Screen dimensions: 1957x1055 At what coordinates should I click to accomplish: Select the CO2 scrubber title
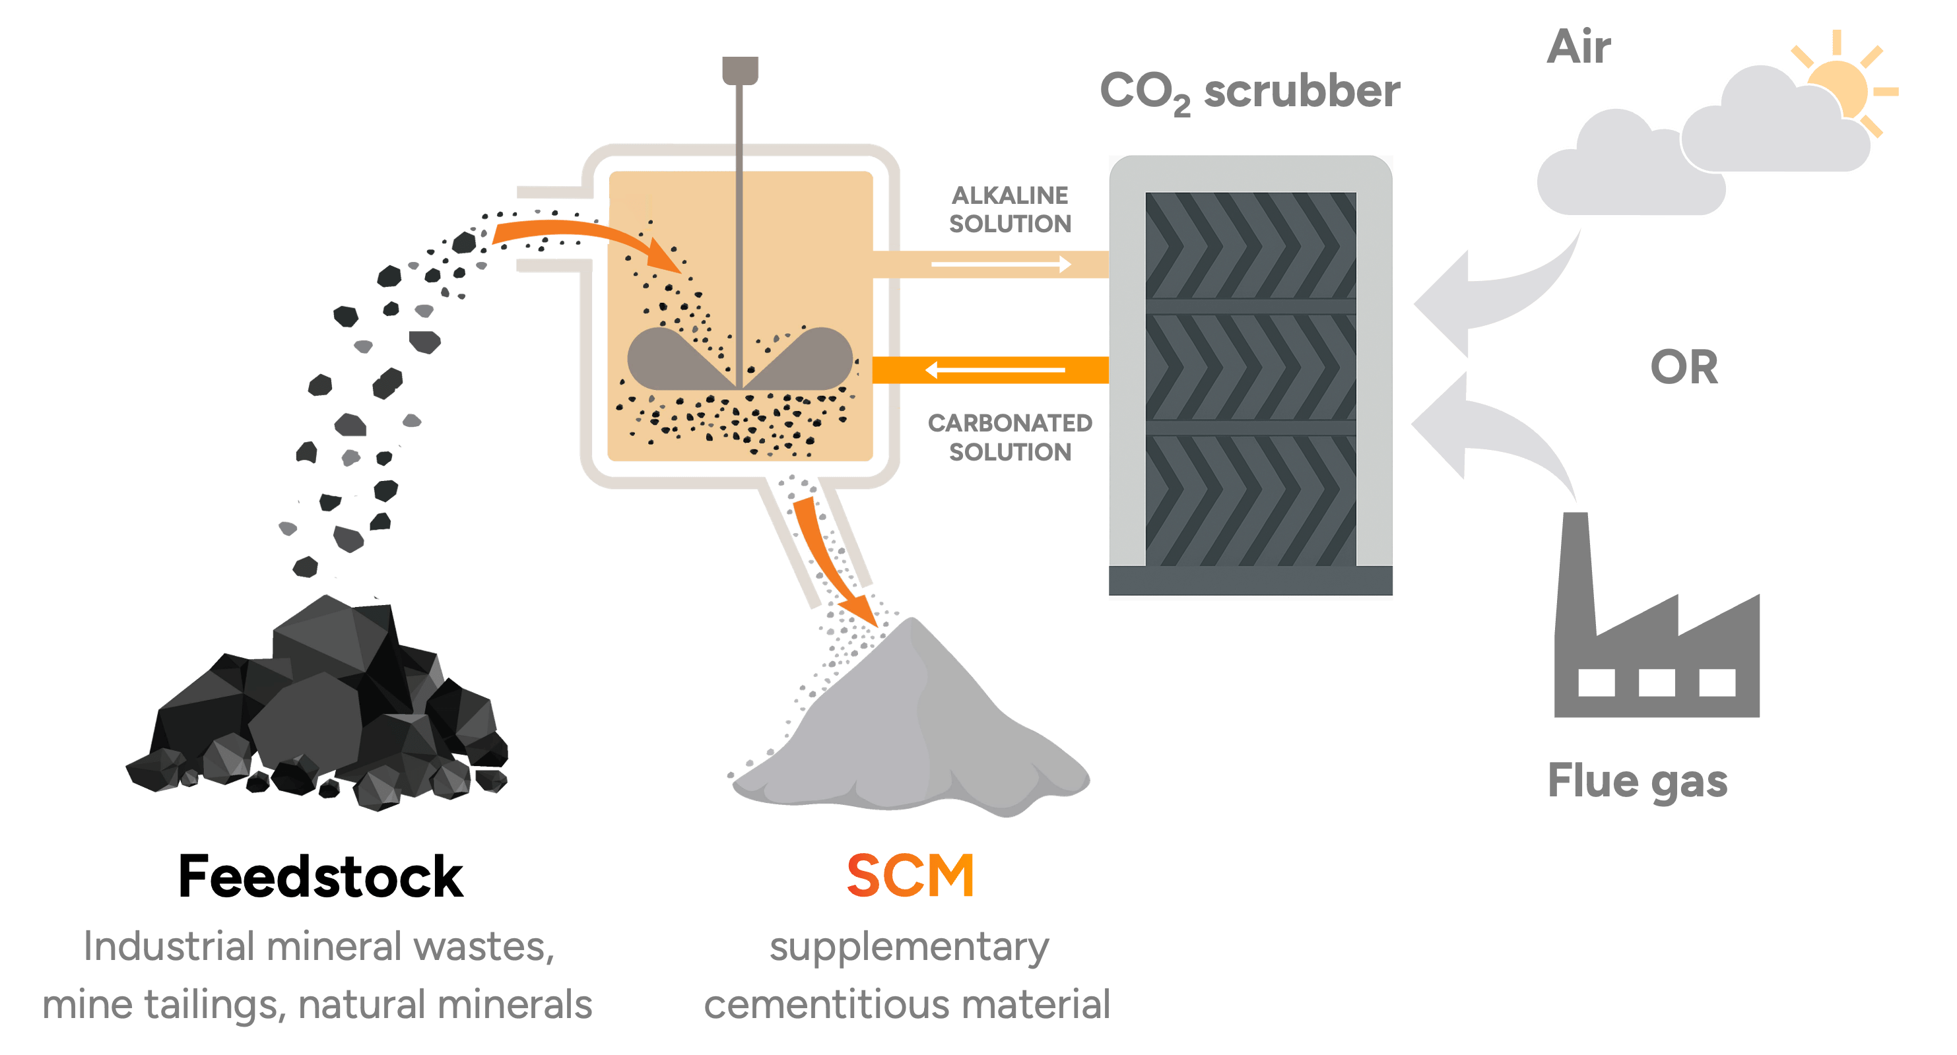[x=1249, y=92]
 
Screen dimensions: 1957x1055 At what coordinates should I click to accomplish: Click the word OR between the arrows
[x=1684, y=368]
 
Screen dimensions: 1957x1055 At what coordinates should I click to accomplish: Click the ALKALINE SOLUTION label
[x=1011, y=210]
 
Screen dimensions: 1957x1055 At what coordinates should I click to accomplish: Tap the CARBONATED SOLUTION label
[x=1011, y=437]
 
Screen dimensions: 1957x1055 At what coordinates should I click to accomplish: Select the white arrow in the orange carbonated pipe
[x=995, y=370]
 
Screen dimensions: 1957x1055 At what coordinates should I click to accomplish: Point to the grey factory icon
[x=1656, y=614]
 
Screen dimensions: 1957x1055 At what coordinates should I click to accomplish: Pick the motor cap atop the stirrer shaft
[x=740, y=70]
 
